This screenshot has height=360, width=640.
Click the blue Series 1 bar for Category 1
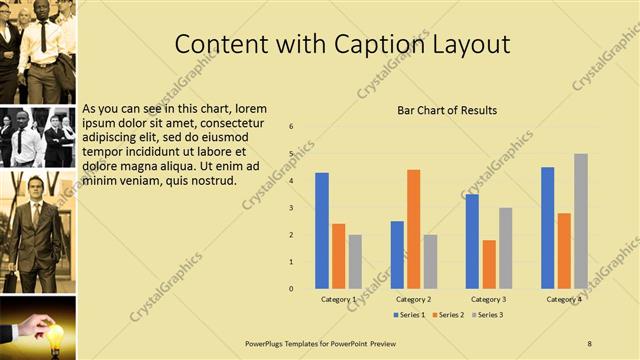pos(322,231)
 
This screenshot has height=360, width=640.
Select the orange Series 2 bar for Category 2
pos(413,229)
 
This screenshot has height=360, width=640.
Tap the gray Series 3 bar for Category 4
pos(581,221)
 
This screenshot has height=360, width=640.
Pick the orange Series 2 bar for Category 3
pos(489,264)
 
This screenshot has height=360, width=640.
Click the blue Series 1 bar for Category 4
pos(548,228)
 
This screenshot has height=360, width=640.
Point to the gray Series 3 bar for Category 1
pos(355,262)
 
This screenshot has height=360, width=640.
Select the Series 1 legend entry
pos(410,315)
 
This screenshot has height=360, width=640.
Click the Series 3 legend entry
pos(486,315)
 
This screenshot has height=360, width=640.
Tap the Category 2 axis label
pos(413,299)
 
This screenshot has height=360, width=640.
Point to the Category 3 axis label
pos(489,299)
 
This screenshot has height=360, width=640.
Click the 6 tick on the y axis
pos(291,127)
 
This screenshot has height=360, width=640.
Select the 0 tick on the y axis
pos(291,289)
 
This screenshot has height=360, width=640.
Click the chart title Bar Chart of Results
pos(447,110)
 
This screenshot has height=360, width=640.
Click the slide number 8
pos(589,343)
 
